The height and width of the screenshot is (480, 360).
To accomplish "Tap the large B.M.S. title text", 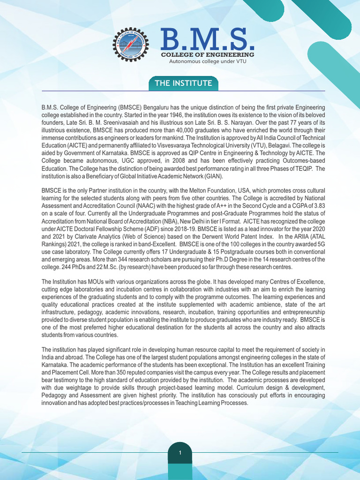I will pyautogui.click(x=208, y=40).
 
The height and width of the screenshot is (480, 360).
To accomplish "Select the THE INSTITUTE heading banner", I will pyautogui.click(x=183, y=84).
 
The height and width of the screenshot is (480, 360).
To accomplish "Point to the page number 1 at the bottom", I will pyautogui.click(x=180, y=453).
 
